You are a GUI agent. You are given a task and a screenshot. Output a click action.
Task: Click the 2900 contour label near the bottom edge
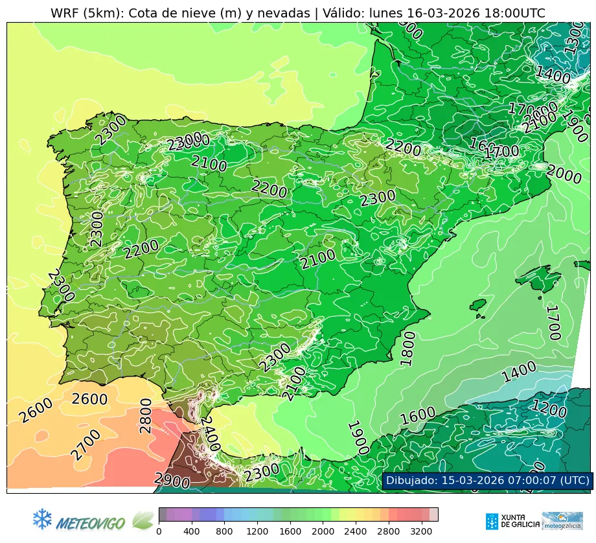point(172,481)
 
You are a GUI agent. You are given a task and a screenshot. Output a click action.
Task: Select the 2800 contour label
point(145,416)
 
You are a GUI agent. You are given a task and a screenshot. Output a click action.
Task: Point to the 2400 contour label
point(209,434)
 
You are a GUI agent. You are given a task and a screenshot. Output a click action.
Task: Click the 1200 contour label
point(549,409)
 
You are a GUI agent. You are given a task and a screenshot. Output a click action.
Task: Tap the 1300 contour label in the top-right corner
point(574,37)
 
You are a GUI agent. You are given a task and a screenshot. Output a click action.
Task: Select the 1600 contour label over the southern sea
point(417,415)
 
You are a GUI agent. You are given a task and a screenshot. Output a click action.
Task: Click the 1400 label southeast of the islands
point(519,373)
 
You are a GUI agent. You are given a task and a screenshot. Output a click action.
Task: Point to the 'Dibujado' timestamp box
point(487,480)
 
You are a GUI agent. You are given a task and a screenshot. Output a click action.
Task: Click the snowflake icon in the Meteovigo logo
point(42,519)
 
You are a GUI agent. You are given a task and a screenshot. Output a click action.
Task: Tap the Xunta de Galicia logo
point(512,521)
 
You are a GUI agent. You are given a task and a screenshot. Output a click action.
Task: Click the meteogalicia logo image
point(562,521)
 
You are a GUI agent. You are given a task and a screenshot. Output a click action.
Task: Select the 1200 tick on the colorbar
point(257,531)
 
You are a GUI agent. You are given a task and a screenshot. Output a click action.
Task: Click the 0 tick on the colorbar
point(159,531)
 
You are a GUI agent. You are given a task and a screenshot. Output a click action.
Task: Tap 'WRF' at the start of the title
point(65,13)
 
